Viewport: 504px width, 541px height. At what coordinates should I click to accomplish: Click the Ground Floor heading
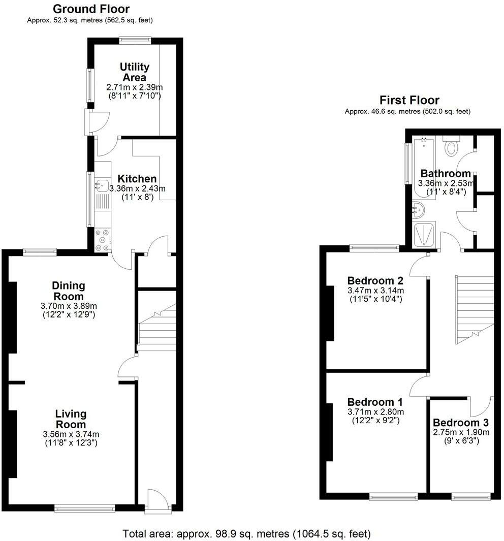click(91, 9)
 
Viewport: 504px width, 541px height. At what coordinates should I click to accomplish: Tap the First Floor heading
click(409, 100)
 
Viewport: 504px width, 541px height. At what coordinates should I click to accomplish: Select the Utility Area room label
click(134, 72)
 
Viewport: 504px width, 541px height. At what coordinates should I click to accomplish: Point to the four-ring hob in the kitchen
click(103, 240)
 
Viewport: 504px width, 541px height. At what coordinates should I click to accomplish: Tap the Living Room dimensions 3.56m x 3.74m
click(71, 434)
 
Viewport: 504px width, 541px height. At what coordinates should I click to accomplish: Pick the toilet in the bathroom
click(451, 147)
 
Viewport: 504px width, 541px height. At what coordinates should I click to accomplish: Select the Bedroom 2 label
click(375, 280)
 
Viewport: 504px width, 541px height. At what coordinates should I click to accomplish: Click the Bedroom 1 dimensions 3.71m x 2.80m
click(375, 412)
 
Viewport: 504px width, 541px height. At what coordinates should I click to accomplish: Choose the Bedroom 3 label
click(461, 423)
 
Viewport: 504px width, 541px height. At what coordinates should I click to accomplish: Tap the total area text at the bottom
click(247, 534)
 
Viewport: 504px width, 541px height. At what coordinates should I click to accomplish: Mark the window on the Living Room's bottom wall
click(85, 506)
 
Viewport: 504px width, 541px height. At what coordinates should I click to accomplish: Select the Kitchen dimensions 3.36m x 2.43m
click(137, 188)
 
